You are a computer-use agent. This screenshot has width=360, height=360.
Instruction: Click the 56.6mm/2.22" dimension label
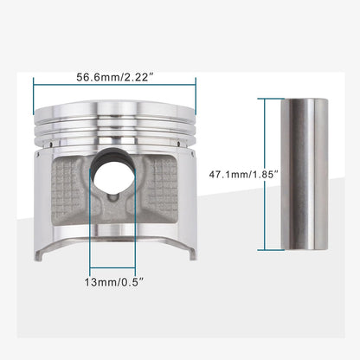(113, 75)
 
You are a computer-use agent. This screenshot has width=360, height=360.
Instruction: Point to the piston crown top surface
(113, 109)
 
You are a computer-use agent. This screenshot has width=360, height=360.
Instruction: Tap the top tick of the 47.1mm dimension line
(263, 100)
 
